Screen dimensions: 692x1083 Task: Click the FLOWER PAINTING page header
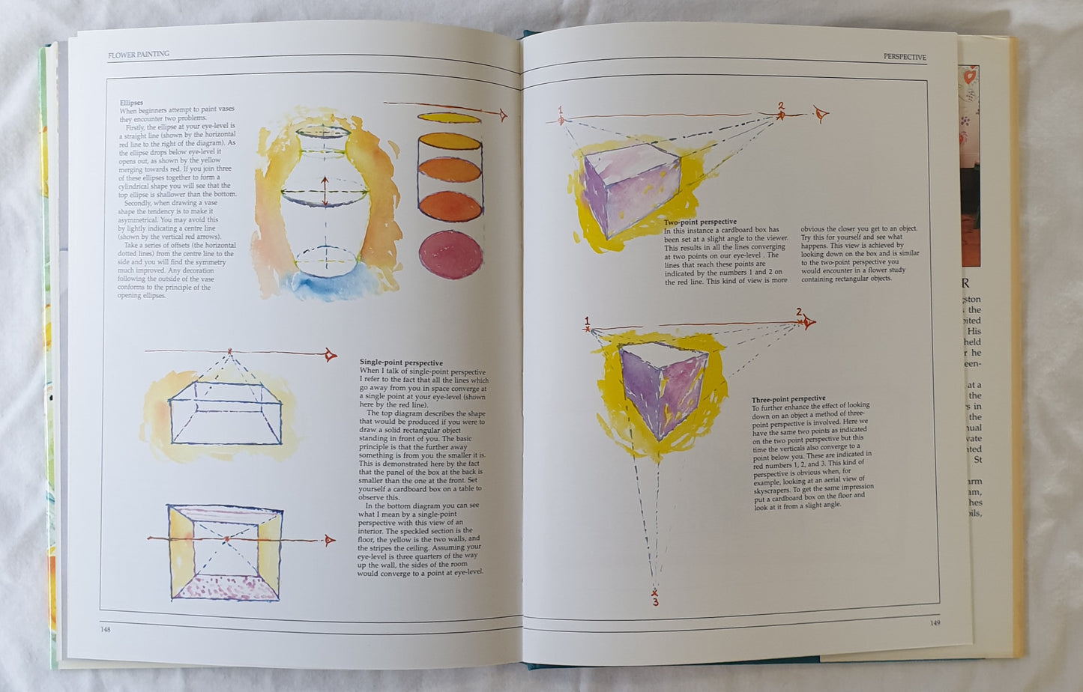(x=139, y=54)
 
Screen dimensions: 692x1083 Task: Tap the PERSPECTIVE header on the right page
(x=905, y=57)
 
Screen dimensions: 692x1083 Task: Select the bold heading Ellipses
(x=131, y=103)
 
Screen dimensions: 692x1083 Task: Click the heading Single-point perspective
(x=401, y=362)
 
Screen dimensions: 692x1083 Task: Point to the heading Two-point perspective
(x=700, y=222)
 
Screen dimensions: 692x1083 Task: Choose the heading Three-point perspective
(x=788, y=398)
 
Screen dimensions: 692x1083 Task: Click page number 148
(x=106, y=629)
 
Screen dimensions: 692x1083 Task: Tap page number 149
(x=935, y=622)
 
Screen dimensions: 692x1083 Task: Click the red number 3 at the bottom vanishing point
(x=655, y=601)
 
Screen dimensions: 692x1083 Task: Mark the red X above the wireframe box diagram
(x=230, y=351)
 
